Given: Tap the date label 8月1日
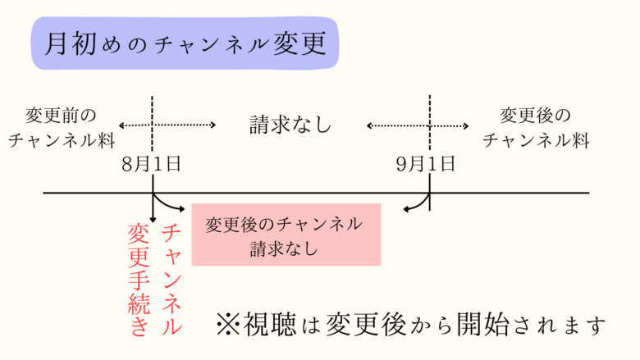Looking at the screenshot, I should click(151, 163).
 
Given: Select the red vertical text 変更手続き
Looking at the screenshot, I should click(137, 279).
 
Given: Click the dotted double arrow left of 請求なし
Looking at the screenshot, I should click(167, 125).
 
